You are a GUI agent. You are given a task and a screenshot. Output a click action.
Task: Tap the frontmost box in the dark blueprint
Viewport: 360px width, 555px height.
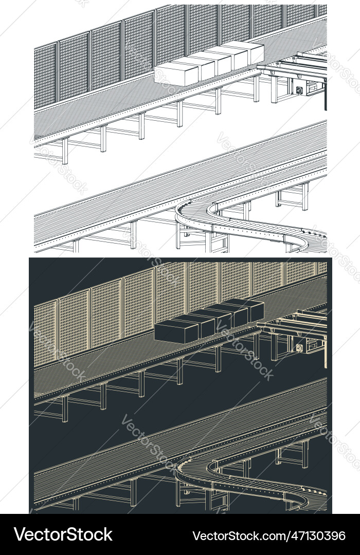(176, 331)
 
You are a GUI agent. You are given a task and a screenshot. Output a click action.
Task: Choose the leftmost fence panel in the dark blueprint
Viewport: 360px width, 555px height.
(45, 334)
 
